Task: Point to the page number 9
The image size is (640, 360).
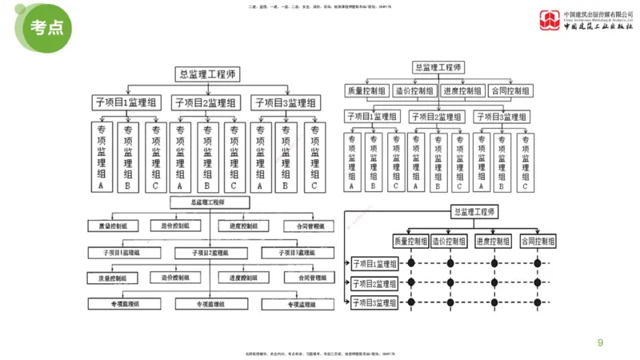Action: (601, 342)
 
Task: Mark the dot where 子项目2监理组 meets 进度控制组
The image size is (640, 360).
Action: (493, 283)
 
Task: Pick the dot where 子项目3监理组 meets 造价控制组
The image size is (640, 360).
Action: (450, 302)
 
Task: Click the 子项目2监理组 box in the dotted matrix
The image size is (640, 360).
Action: (375, 283)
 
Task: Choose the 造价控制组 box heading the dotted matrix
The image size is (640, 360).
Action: (450, 241)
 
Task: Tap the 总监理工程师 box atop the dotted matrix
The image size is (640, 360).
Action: (475, 212)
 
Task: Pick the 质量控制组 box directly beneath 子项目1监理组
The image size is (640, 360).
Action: (112, 278)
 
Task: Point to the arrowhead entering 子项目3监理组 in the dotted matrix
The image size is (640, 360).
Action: (349, 302)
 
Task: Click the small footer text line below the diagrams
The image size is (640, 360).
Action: (320, 354)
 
